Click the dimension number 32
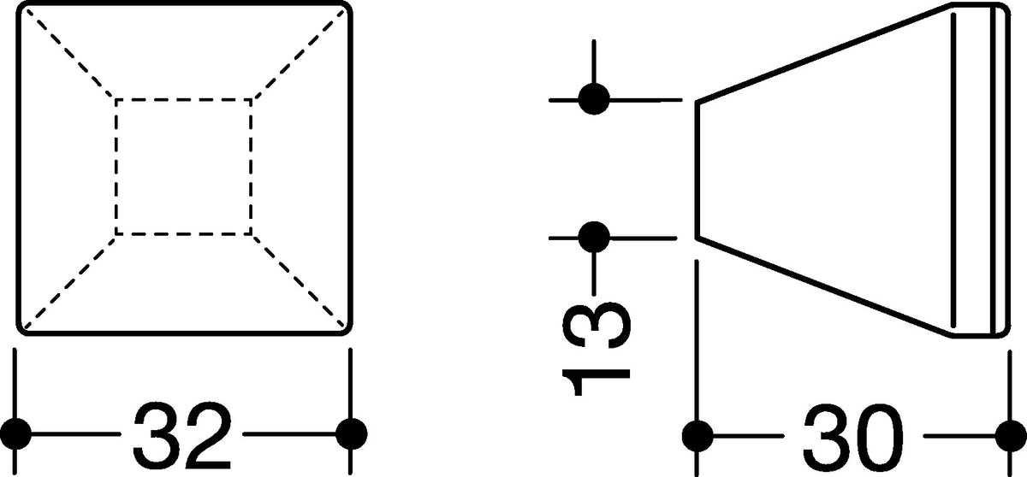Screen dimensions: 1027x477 coord(182,435)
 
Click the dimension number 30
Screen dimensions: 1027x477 coord(852,436)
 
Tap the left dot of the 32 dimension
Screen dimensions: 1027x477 coord(15,433)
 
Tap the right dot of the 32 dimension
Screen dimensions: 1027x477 coord(351,433)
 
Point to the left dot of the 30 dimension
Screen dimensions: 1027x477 coord(698,436)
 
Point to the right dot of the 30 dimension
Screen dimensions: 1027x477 coord(1011,436)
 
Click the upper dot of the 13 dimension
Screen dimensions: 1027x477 coord(594,99)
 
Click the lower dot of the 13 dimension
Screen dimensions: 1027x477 coord(594,238)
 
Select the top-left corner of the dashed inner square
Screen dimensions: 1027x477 coord(116,99)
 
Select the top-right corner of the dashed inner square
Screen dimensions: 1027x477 coord(252,99)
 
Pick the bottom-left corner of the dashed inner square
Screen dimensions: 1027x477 coord(116,234)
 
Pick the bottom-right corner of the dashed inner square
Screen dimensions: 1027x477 coord(252,234)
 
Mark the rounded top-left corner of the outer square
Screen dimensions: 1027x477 coord(21,7)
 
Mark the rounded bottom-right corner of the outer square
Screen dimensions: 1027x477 coord(347,330)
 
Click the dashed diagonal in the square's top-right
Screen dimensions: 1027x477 coord(298,54)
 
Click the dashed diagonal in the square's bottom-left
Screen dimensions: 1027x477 coord(69,281)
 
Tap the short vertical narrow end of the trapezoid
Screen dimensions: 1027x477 coord(698,170)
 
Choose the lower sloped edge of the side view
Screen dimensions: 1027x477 coord(824,287)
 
